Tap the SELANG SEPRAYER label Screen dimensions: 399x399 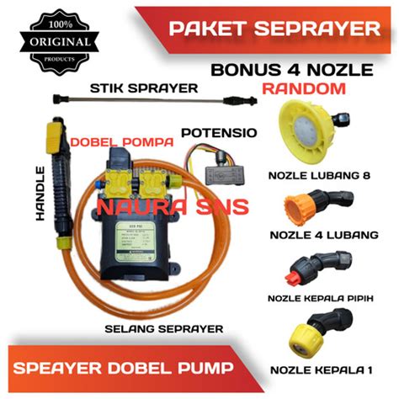(152, 327)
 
